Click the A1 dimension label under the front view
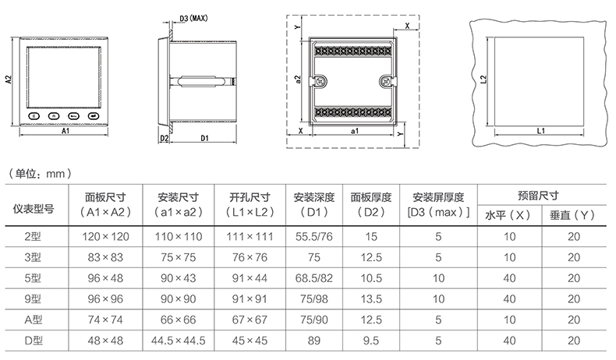65,131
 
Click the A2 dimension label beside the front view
9,79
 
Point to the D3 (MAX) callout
193,19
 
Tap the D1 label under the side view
204,138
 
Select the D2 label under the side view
165,138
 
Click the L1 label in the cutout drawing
541,131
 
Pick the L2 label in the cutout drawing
483,79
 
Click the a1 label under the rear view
354,131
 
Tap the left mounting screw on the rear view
322,82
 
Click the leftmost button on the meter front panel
34,116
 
